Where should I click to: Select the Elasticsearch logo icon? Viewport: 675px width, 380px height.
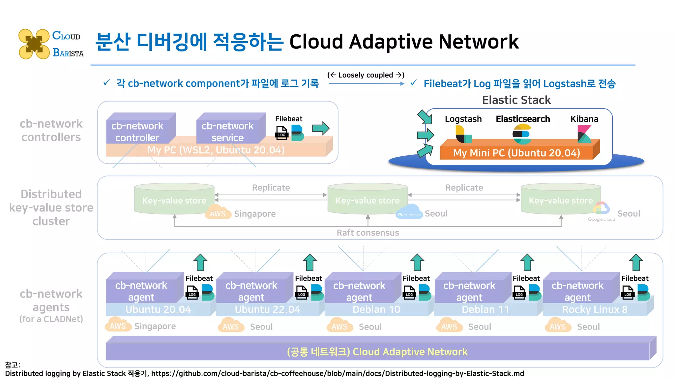coord(522,134)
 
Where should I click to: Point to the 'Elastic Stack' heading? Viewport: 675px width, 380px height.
coord(516,100)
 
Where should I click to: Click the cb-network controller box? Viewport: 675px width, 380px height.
coord(138,132)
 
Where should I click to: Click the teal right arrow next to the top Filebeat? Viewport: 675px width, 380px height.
coord(321,128)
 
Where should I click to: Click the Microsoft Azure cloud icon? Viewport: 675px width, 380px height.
coord(409,212)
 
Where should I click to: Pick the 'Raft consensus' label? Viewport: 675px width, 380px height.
coord(367,233)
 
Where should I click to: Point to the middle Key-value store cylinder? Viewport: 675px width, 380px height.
coord(367,199)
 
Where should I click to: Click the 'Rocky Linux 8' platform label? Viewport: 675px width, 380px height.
coord(595,309)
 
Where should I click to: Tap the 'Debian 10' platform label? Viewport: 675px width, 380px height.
coord(376,309)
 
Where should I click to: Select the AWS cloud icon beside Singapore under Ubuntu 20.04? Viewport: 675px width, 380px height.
coord(117,325)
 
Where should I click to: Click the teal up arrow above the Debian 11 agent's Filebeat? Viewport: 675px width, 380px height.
coord(527,263)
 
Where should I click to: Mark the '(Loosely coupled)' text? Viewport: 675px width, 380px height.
coord(366,75)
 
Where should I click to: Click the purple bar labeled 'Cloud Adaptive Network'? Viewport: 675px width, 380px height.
coord(377,352)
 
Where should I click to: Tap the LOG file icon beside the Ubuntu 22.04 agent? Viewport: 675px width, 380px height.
coord(302,292)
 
